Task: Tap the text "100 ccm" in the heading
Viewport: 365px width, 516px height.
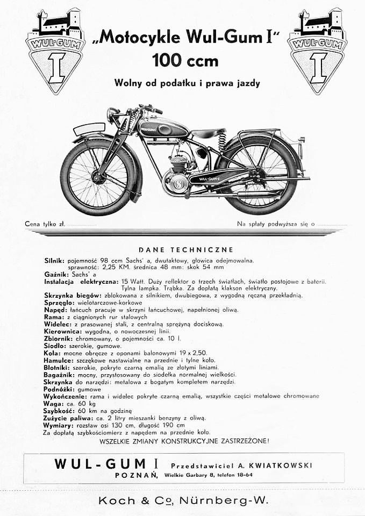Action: click(x=185, y=60)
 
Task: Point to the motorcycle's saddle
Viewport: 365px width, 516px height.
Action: click(x=208, y=133)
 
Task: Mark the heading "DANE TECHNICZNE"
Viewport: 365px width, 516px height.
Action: click(x=185, y=249)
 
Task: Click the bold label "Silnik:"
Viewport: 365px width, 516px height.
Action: click(x=55, y=260)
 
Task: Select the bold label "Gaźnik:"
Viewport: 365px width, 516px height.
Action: click(x=56, y=274)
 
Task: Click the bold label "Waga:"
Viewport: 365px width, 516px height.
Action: click(x=53, y=403)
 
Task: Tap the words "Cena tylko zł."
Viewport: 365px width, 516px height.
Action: click(x=45, y=224)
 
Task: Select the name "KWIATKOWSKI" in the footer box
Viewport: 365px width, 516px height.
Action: click(x=283, y=465)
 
